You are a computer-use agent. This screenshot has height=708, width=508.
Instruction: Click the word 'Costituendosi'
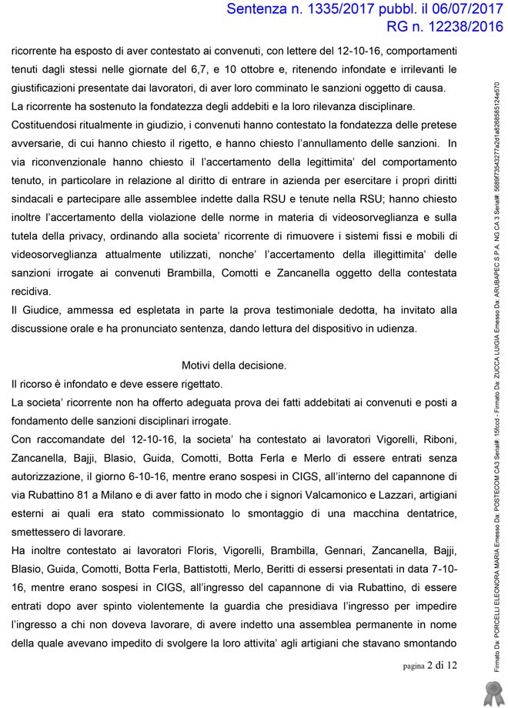click(x=48, y=125)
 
